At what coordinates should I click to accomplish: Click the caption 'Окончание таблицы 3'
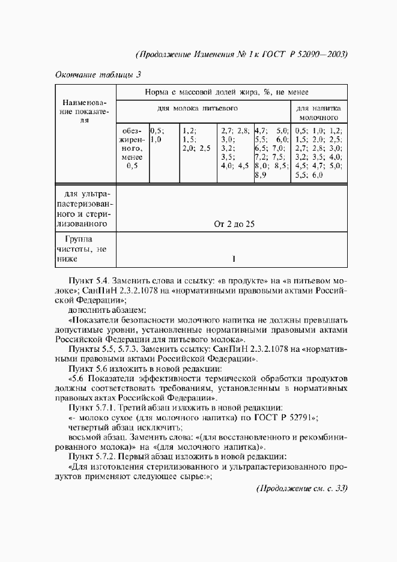pyautogui.click(x=98, y=75)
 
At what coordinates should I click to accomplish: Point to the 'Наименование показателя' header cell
pyautogui.click(x=85, y=112)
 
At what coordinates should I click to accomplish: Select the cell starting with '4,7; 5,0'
pyautogui.click(x=271, y=153)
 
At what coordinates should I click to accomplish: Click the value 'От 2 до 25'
pyautogui.click(x=234, y=224)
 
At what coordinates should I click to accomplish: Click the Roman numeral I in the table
pyautogui.click(x=234, y=259)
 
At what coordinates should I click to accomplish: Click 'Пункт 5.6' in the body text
pyautogui.click(x=91, y=368)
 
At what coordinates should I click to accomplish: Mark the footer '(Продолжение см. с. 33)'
pyautogui.click(x=302, y=488)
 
